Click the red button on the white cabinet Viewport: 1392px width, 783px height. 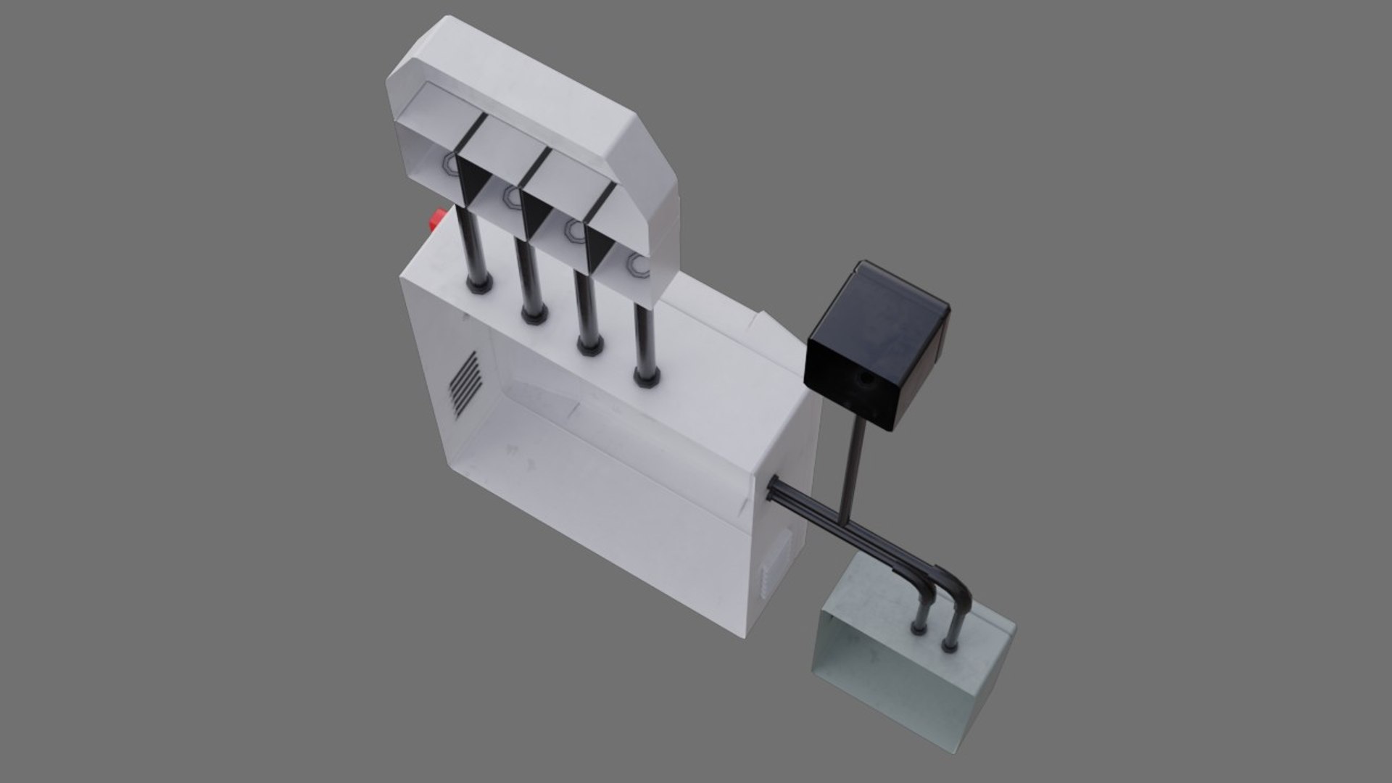[x=438, y=218]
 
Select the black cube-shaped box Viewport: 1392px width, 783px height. [x=877, y=341]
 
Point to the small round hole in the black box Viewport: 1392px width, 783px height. [x=865, y=378]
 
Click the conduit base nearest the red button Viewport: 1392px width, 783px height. [x=479, y=282]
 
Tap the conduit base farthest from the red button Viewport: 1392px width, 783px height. [x=646, y=376]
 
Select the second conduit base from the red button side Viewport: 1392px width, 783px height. [x=534, y=315]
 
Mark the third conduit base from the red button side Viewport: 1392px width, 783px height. [x=590, y=346]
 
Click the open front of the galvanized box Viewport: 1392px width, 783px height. [x=884, y=674]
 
